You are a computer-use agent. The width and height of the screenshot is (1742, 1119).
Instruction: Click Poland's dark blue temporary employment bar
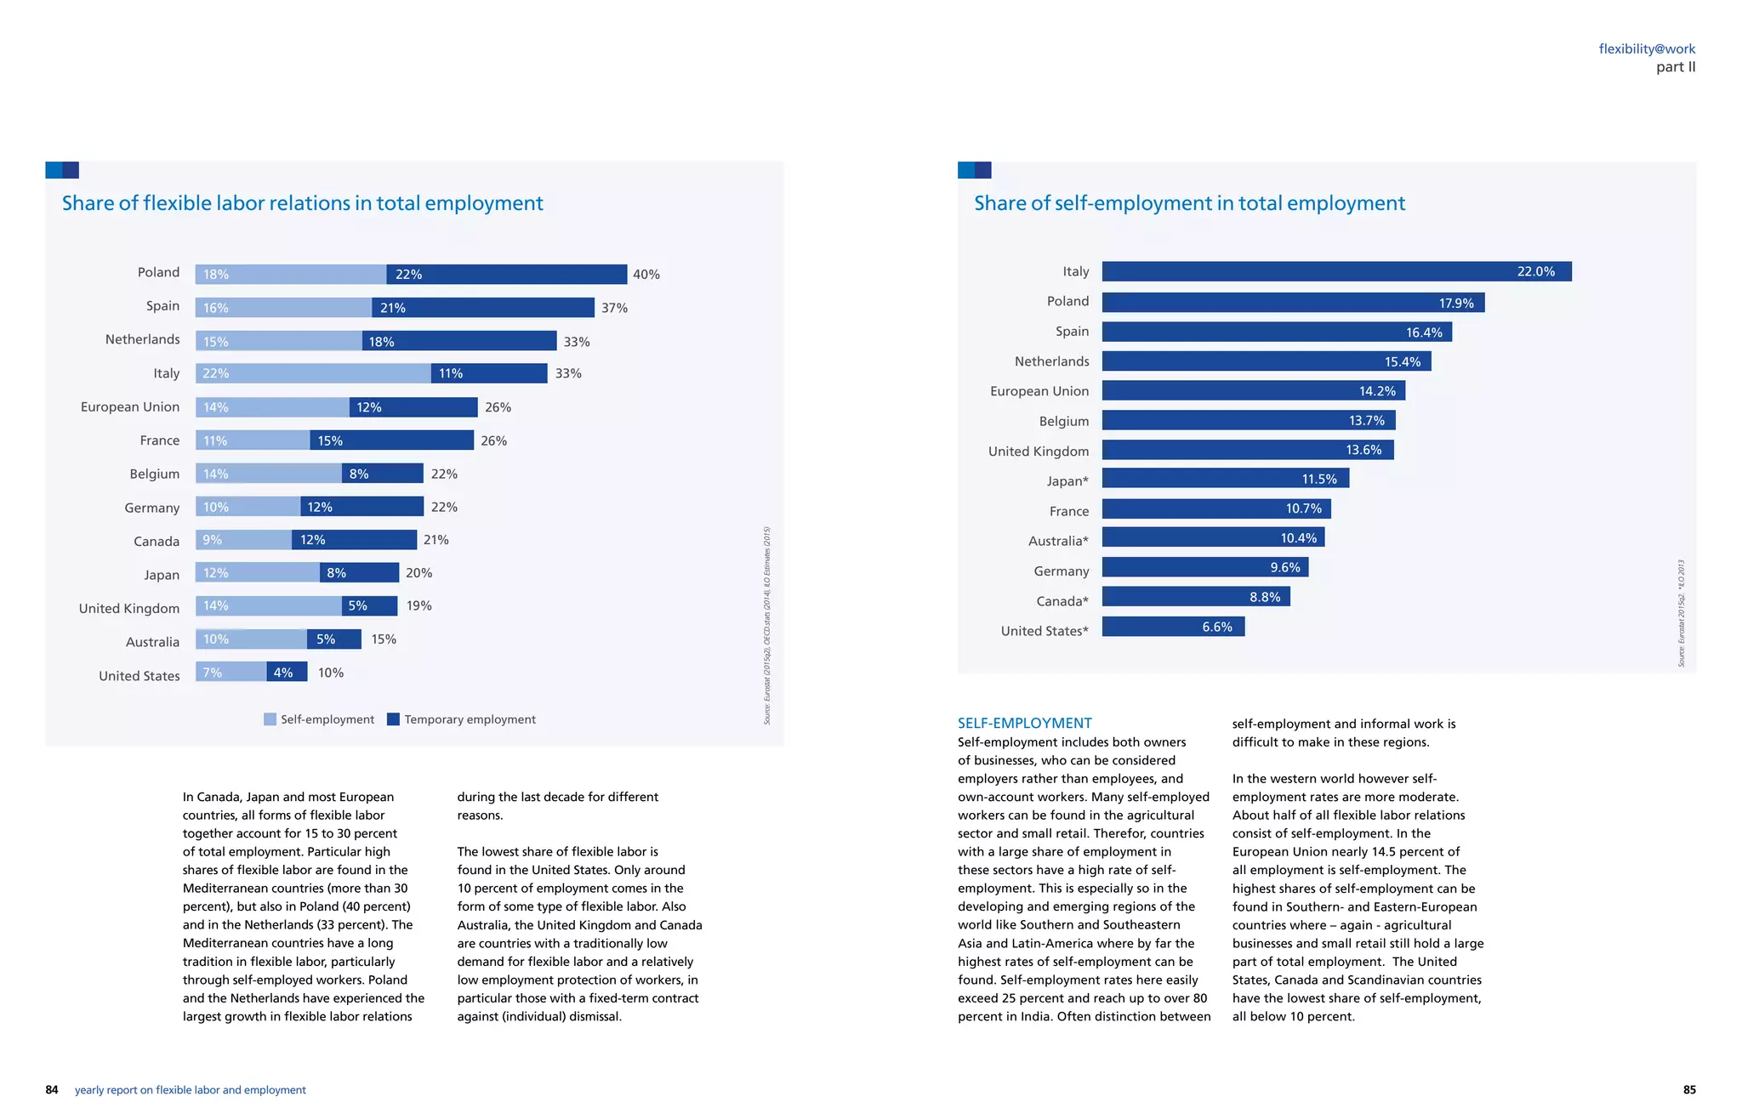[x=506, y=274]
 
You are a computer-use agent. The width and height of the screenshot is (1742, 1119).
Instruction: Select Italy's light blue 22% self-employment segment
[x=313, y=373]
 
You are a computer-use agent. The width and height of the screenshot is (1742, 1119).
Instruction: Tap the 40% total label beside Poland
[x=646, y=275]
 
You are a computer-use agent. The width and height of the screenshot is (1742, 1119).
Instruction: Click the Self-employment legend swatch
[x=270, y=719]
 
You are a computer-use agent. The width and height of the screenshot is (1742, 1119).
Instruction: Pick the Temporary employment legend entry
[x=461, y=719]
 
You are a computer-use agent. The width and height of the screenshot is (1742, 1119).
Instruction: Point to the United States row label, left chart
[x=139, y=676]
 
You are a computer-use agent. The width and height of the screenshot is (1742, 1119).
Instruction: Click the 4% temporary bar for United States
[x=287, y=673]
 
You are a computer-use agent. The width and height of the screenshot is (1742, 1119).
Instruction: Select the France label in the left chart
[x=160, y=440]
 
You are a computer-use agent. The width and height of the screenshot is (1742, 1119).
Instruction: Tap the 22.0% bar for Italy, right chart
[x=1335, y=271]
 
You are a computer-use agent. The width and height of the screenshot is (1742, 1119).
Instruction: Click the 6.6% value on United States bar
[x=1217, y=627]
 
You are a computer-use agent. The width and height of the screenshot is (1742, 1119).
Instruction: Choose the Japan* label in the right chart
[x=1067, y=481]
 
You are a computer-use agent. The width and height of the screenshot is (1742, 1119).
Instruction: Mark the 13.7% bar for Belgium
[x=1248, y=420]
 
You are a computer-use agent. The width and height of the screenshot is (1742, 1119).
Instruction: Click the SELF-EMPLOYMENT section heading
[x=1024, y=723]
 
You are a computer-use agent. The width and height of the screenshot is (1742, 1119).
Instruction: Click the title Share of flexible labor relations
[x=302, y=203]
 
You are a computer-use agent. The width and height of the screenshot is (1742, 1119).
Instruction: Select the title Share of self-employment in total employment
[x=1189, y=203]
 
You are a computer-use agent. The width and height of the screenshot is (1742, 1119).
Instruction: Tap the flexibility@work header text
[x=1647, y=48]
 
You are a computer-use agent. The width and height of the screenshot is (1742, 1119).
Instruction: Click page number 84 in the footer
[x=52, y=1090]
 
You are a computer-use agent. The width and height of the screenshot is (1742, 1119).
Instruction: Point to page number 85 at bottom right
[x=1689, y=1090]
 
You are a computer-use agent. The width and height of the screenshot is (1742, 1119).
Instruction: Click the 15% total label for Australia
[x=384, y=639]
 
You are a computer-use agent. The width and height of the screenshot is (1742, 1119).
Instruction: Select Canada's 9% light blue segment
[x=243, y=540]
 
